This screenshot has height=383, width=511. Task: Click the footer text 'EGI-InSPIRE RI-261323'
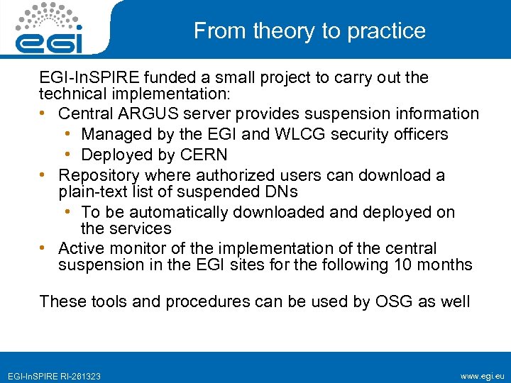click(54, 376)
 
